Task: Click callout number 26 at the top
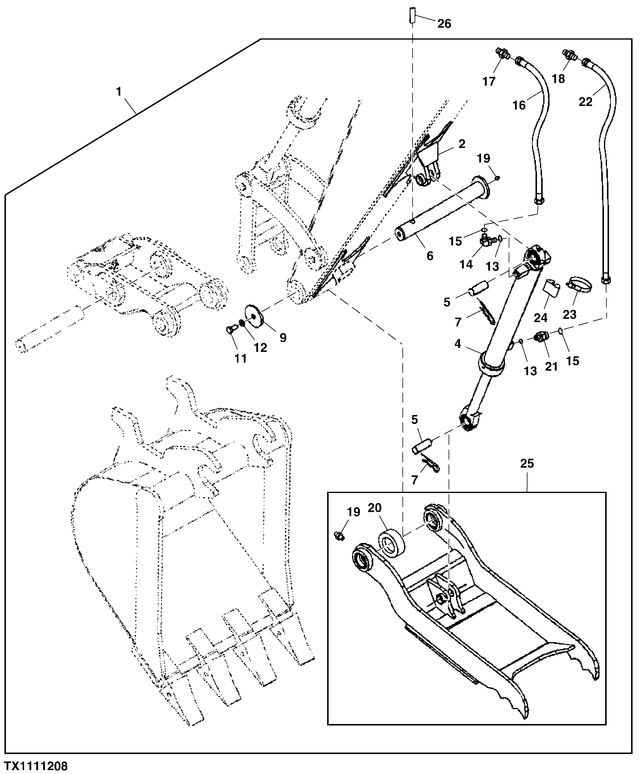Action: (444, 24)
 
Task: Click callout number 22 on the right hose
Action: (585, 102)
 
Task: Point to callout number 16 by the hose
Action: (519, 105)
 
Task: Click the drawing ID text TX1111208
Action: (36, 766)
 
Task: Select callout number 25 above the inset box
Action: (527, 463)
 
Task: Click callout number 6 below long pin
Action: (430, 255)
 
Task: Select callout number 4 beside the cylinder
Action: (458, 344)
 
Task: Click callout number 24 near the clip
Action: (541, 317)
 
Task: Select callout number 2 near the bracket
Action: (462, 144)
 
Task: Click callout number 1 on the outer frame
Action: (119, 92)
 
